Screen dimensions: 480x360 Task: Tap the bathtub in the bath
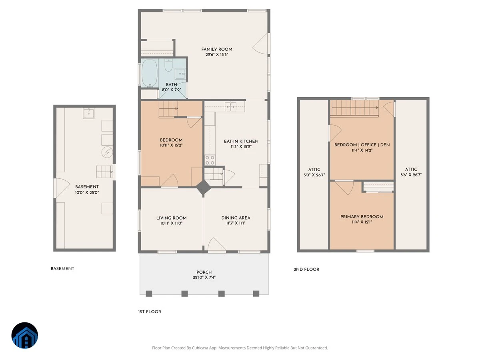point(150,73)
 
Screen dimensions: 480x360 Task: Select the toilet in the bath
point(168,65)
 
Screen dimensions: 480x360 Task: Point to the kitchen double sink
point(230,107)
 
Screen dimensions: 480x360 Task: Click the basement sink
point(88,114)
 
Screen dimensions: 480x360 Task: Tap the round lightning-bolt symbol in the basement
point(107,152)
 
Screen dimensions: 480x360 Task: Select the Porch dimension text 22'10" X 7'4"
point(204,277)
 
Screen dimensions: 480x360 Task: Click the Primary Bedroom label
point(362,217)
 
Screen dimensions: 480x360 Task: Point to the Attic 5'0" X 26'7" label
point(314,172)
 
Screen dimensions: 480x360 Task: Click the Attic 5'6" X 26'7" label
point(411,172)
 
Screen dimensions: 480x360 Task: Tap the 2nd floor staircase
point(354,108)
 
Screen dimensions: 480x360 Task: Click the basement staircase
point(104,172)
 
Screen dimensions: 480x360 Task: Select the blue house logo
point(25,335)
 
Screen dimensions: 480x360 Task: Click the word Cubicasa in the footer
point(200,348)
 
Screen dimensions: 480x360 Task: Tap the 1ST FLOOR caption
point(150,312)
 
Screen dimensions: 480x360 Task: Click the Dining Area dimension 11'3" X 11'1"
point(236,223)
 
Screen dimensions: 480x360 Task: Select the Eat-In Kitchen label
point(241,142)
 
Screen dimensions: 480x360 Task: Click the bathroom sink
point(180,74)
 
